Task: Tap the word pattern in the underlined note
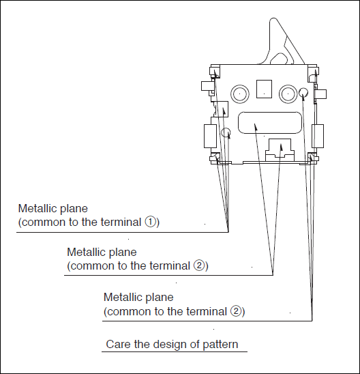pyautogui.click(x=220, y=345)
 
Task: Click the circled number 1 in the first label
pyautogui.click(x=151, y=222)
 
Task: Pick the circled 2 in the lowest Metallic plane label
pyautogui.click(x=236, y=311)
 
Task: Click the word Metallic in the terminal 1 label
pyautogui.click(x=38, y=208)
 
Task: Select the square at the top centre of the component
pyautogui.click(x=264, y=89)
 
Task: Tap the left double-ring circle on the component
pyautogui.click(x=240, y=93)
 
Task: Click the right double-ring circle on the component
pyautogui.click(x=288, y=93)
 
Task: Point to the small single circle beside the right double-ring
pyautogui.click(x=303, y=92)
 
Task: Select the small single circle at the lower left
pyautogui.click(x=226, y=132)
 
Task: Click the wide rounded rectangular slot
pyautogui.click(x=270, y=123)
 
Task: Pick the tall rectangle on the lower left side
pyautogui.click(x=210, y=136)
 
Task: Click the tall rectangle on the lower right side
pyautogui.click(x=318, y=136)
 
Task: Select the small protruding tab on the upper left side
pyautogui.click(x=207, y=86)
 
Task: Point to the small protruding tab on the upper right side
pyautogui.click(x=321, y=94)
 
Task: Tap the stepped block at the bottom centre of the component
pyautogui.click(x=280, y=149)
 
